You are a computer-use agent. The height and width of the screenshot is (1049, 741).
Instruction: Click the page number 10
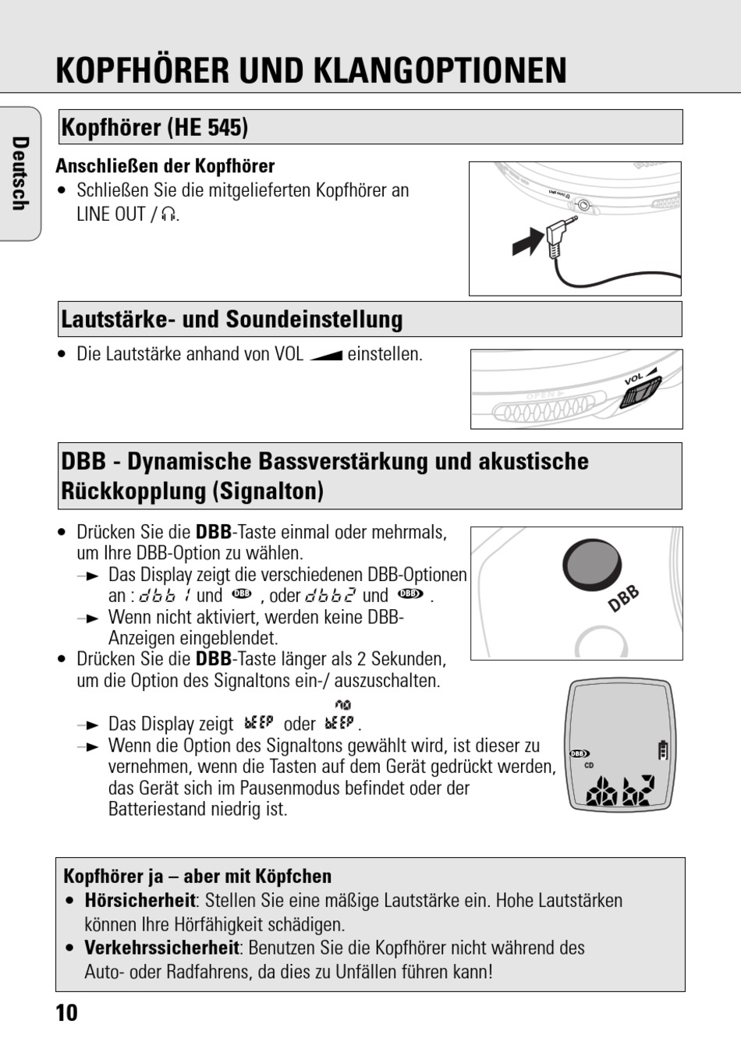[x=67, y=1012]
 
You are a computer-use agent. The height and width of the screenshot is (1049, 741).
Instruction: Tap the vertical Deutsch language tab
[x=20, y=173]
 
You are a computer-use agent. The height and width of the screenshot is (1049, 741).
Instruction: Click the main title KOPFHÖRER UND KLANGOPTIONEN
[x=311, y=70]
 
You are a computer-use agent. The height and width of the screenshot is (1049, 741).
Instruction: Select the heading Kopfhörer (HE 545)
[x=154, y=127]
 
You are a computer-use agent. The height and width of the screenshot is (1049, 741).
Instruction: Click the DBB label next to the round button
[x=623, y=599]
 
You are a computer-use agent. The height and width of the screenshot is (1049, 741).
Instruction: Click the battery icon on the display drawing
[x=663, y=750]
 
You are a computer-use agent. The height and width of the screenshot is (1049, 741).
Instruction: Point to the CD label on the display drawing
[x=589, y=766]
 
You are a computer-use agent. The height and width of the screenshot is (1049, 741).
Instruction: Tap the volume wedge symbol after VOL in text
[x=325, y=355]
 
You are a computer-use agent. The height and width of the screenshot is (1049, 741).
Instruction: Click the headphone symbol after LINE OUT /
[x=168, y=214]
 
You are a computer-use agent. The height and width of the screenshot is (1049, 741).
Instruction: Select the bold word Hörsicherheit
[x=140, y=900]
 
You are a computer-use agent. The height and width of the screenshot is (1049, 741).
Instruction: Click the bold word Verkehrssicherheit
[x=161, y=948]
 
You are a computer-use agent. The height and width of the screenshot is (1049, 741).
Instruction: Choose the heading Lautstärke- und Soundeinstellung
[x=232, y=319]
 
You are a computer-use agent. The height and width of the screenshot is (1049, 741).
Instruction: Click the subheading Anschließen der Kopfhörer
[x=165, y=166]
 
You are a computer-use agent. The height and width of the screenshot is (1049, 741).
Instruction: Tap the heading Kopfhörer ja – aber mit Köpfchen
[x=197, y=876]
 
